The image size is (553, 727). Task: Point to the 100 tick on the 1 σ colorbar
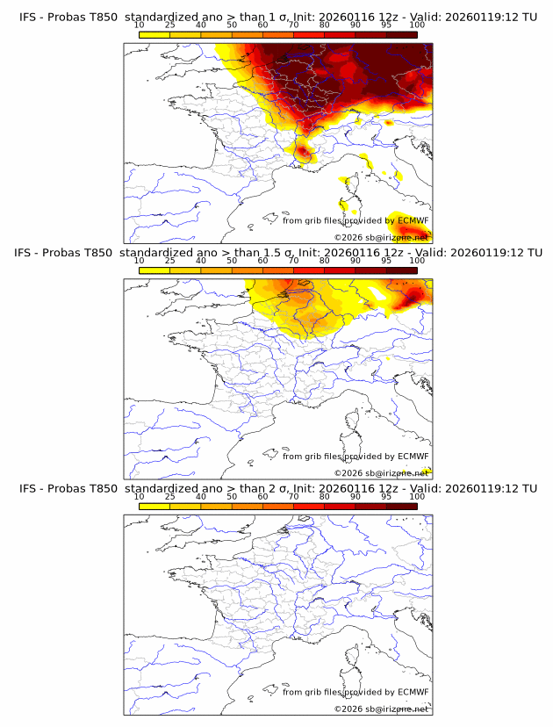point(417,25)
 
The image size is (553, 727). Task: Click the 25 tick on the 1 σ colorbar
point(170,25)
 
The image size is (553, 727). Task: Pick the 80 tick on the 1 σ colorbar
point(325,25)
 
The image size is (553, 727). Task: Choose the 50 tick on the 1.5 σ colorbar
point(232,261)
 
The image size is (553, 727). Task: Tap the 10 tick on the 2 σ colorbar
point(140,497)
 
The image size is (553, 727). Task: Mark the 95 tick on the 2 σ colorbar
point(386,497)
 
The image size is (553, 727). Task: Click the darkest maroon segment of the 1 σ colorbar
point(401,34)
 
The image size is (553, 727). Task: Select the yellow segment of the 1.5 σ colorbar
point(154,270)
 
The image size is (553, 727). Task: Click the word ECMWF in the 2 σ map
point(413,692)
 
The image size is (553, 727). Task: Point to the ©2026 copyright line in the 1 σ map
point(381,238)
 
